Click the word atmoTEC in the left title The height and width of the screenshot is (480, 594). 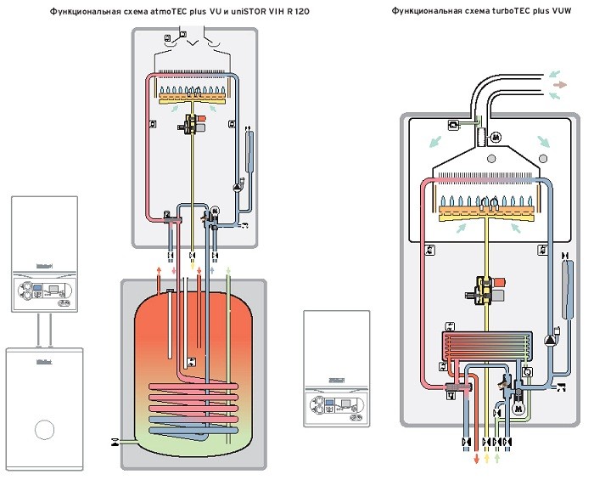click(171, 12)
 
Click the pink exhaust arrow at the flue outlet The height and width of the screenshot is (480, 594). click(560, 85)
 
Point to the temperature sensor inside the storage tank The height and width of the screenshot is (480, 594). click(190, 362)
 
